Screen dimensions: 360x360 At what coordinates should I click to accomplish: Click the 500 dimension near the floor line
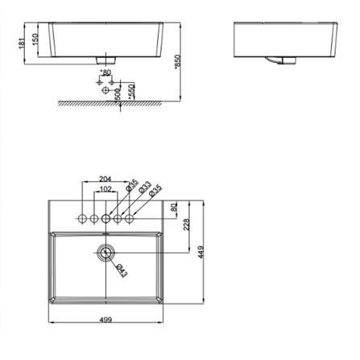(119, 91)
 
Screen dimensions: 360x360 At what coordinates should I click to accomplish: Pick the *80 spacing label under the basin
(106, 75)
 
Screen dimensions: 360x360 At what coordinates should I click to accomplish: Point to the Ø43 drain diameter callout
(119, 270)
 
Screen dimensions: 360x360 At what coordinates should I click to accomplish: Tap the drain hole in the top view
(106, 252)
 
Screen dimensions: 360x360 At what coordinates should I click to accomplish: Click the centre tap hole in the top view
(106, 218)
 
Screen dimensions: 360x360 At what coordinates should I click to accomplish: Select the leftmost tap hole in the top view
(82, 218)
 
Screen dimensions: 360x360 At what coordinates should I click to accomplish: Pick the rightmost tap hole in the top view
(129, 218)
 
